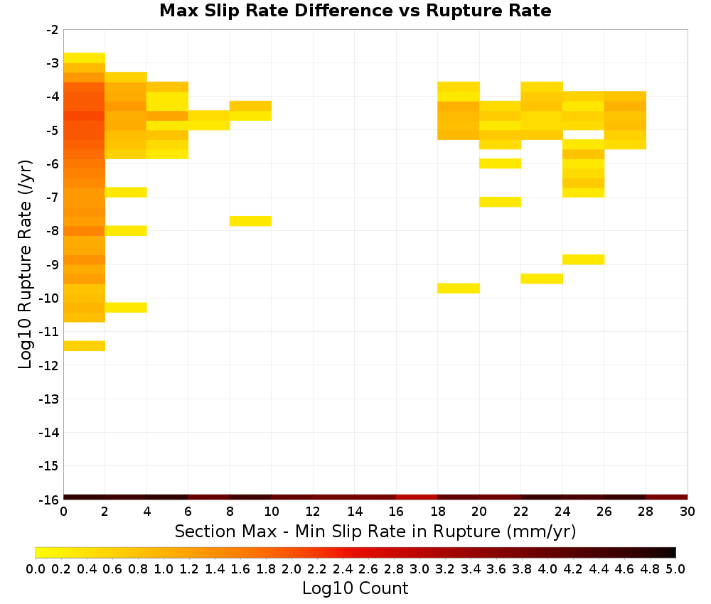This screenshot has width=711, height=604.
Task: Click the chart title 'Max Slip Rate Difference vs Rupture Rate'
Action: (355, 10)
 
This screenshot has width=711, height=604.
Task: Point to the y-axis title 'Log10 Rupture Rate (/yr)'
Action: (26, 264)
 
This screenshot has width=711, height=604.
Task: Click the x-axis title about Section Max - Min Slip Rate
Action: (375, 531)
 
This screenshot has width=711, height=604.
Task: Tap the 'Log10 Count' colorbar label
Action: (355, 588)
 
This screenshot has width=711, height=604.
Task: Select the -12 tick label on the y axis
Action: (48, 365)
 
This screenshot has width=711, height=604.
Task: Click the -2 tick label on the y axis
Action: (52, 31)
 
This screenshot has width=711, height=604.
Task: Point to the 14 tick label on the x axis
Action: (355, 512)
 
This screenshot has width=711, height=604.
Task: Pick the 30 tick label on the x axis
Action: (688, 512)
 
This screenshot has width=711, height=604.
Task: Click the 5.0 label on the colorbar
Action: (675, 568)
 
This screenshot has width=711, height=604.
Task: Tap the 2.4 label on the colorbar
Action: (343, 568)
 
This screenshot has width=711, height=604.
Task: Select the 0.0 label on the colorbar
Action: (36, 568)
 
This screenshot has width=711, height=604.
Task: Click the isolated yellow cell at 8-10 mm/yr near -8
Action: (250, 221)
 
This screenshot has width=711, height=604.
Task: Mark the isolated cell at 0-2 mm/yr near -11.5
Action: (85, 346)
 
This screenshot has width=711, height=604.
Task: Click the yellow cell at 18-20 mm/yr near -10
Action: (459, 288)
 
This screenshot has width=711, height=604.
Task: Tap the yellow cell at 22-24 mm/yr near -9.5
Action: (542, 279)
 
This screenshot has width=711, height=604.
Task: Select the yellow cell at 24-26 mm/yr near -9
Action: (583, 259)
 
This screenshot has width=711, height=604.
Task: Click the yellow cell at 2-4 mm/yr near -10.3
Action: (126, 308)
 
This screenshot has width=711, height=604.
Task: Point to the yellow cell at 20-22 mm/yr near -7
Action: (500, 202)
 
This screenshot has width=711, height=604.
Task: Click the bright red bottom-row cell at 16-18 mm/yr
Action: (417, 497)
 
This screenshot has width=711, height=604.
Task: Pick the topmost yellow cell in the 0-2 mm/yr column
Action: (85, 58)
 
